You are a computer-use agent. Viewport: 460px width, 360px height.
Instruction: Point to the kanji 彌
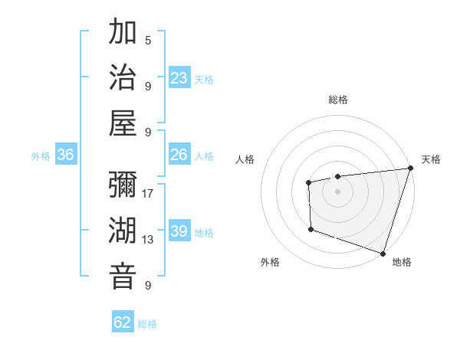[123, 185]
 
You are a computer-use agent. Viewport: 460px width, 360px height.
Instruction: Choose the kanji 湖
[123, 231]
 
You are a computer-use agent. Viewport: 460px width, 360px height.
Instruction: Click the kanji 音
[123, 277]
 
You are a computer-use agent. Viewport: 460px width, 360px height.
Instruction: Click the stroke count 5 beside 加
[148, 41]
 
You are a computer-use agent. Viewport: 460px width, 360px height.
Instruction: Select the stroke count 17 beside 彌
[148, 194]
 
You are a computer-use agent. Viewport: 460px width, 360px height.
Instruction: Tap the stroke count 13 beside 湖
[148, 240]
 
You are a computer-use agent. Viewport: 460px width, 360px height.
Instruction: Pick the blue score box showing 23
[179, 78]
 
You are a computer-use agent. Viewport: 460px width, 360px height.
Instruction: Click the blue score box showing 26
[179, 155]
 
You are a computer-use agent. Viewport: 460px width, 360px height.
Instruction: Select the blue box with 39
[179, 231]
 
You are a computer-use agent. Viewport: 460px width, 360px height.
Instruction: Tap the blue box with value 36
[66, 155]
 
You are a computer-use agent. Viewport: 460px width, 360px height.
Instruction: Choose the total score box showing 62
[123, 322]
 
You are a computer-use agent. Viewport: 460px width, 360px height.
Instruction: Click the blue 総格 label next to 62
[147, 324]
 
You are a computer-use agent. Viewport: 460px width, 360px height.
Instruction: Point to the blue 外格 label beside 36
[41, 156]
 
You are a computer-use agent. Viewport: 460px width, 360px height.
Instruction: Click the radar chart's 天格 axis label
[431, 159]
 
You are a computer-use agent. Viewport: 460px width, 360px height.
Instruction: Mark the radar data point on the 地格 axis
[383, 253]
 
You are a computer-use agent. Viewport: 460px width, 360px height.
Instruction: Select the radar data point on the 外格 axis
[310, 229]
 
